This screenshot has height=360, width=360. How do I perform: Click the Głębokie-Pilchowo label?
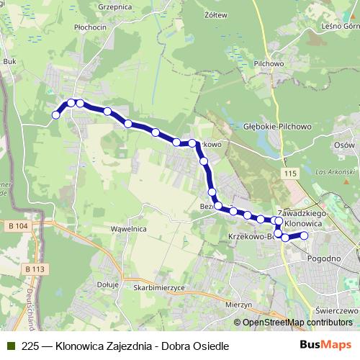click(x=276, y=126)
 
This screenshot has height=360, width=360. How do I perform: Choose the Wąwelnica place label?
click(x=108, y=229)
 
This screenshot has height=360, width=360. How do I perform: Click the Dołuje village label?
click(x=107, y=284)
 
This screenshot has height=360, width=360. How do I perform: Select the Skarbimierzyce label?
click(x=159, y=287)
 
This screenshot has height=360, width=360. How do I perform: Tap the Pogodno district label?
click(x=324, y=258)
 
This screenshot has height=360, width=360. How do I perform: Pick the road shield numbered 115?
click(x=290, y=175)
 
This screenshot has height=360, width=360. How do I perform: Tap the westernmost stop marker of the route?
click(x=55, y=114)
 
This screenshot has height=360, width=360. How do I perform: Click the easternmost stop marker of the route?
click(x=304, y=235)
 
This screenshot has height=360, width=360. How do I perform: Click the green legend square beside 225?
click(x=10, y=346)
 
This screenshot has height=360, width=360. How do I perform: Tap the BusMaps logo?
click(x=325, y=345)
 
